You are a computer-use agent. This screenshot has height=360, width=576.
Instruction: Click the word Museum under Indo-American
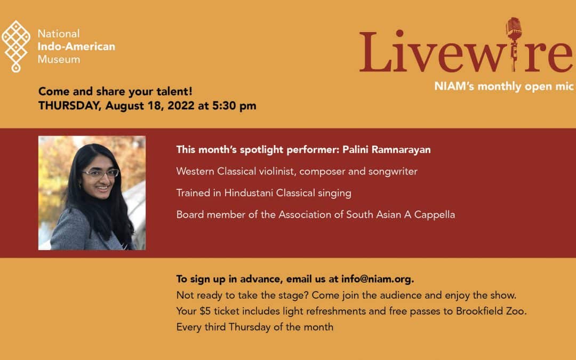59,59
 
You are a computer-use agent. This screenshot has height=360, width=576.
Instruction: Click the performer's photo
92,193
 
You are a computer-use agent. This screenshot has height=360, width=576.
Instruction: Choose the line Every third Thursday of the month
254,327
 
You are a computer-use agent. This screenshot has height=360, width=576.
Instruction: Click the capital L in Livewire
374,52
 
